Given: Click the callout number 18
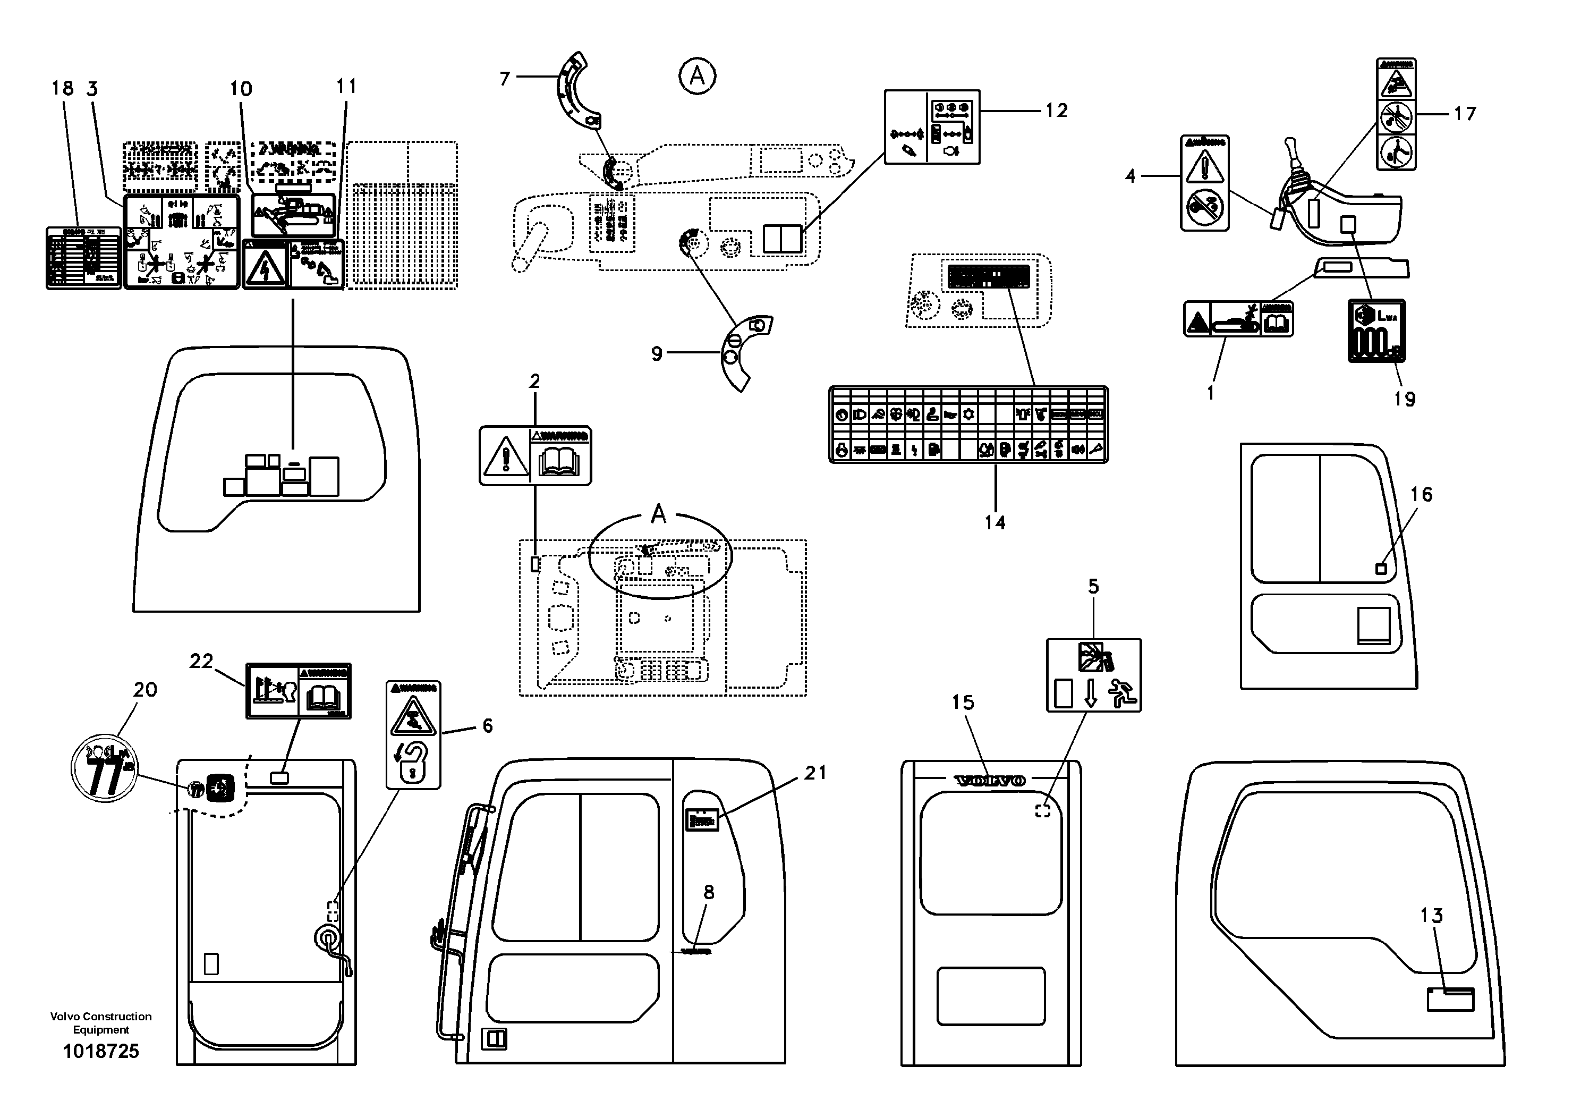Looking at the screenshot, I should click(62, 88).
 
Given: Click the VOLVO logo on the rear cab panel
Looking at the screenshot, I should click(990, 780).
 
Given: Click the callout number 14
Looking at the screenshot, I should click(994, 523).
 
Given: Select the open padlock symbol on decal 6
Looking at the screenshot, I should click(412, 761).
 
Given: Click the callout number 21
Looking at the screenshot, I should click(815, 773).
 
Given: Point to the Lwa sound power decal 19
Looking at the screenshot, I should click(1376, 331).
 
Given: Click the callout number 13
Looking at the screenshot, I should click(1431, 915).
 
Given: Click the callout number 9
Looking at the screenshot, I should click(656, 353).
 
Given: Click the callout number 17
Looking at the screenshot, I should click(1465, 114).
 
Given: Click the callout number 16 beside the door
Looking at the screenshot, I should click(1421, 494).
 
